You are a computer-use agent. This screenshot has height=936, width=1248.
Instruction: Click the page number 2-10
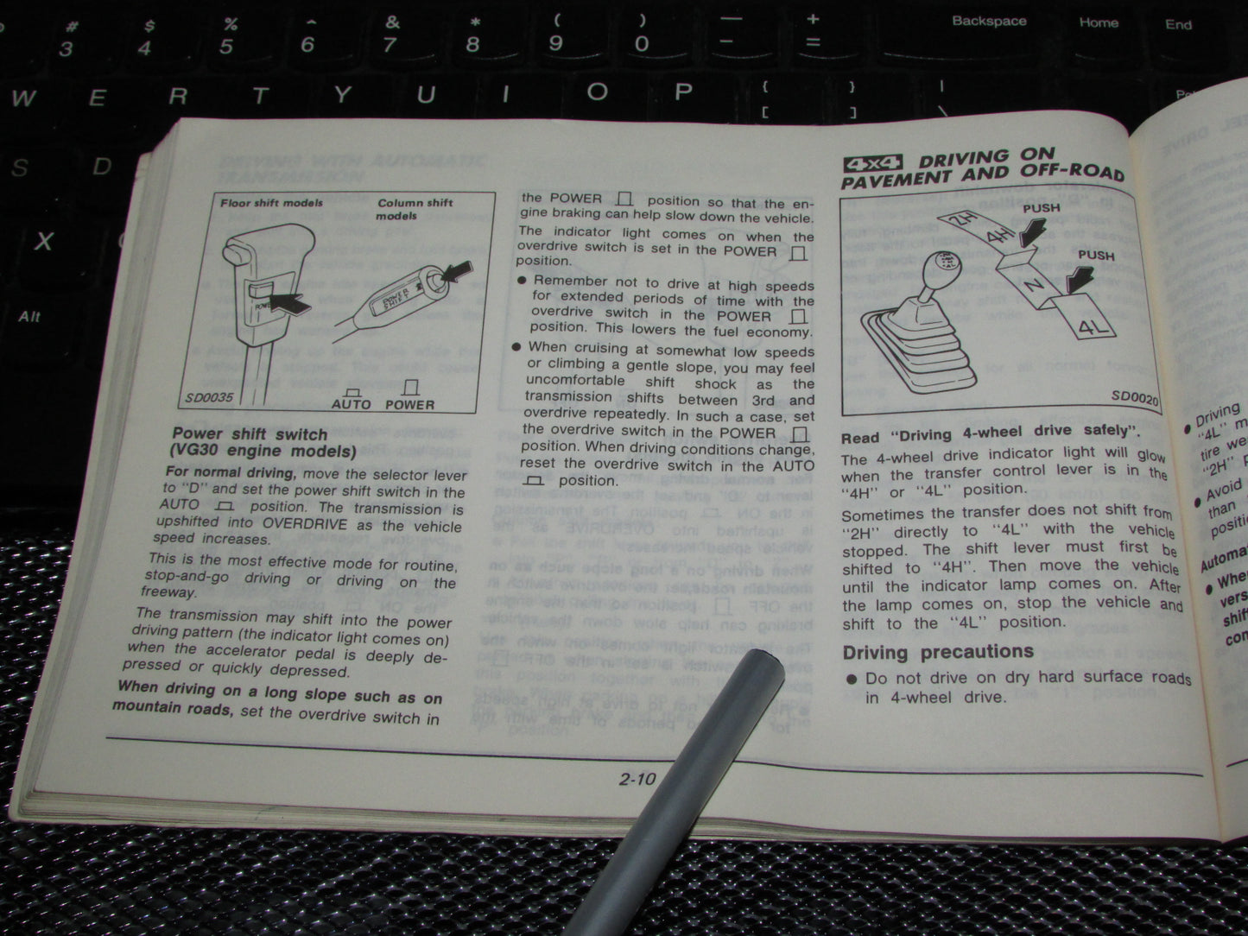coord(637,780)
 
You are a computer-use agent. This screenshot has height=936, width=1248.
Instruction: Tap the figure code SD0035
coord(208,400)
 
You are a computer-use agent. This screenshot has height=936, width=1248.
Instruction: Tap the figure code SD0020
coord(1135,397)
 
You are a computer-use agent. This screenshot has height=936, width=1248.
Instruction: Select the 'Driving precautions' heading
coord(937,652)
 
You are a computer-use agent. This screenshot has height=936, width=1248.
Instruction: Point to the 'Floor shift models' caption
coord(271,204)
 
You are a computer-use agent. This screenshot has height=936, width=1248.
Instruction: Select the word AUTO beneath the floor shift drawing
coord(351,404)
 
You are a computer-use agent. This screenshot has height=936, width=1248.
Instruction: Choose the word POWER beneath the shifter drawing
coord(409,404)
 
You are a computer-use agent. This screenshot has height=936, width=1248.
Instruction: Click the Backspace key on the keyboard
coord(989,22)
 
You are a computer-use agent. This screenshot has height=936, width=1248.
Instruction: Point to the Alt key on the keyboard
coord(30,317)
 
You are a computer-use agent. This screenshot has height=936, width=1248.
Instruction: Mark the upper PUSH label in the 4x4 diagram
coord(1041,209)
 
